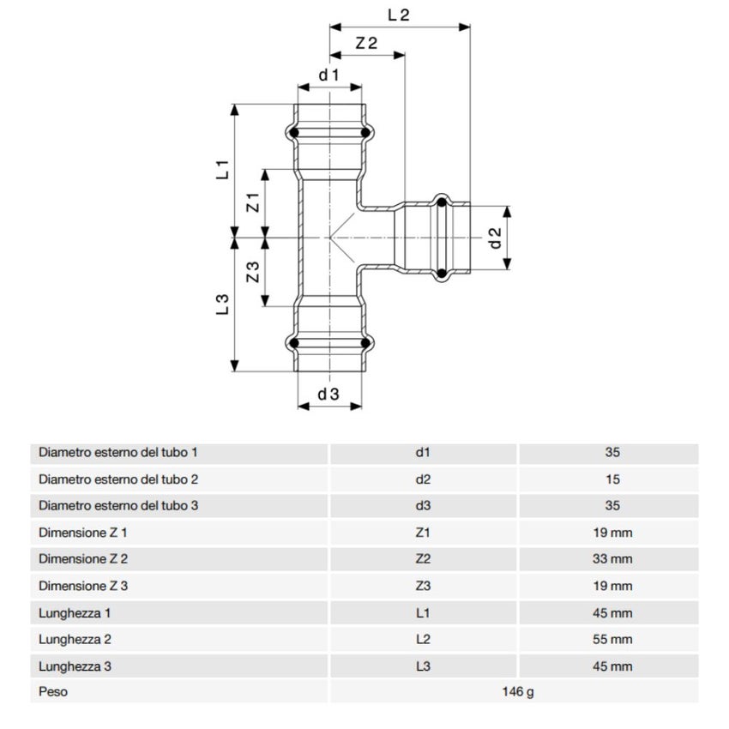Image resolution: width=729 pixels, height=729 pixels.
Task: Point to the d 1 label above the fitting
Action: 329,75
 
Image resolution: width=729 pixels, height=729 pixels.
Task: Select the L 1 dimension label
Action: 221,169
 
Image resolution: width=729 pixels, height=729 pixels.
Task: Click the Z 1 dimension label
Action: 252,203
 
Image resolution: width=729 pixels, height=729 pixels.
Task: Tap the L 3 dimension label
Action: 221,305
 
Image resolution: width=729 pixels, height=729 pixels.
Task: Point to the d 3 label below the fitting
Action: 329,395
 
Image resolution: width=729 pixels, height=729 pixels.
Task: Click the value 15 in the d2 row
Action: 612,479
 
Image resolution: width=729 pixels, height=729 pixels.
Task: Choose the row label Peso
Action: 52,692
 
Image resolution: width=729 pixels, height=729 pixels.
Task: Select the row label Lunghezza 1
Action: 75,612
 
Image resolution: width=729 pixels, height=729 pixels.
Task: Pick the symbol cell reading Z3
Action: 422,586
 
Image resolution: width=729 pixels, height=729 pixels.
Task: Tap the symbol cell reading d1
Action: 422,453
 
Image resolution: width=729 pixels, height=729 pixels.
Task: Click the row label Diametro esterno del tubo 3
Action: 118,506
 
